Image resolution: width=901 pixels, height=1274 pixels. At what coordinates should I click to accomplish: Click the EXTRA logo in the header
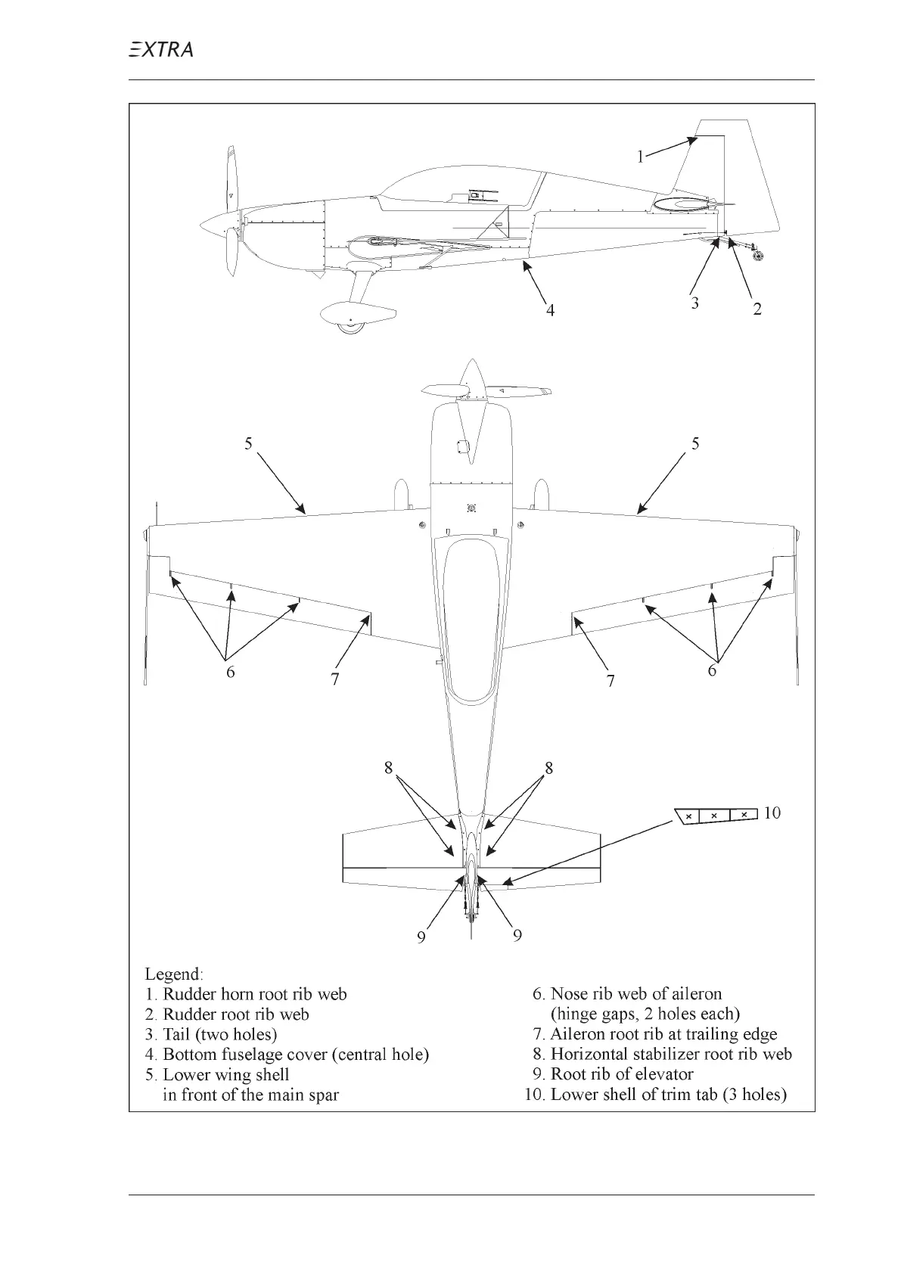[x=160, y=50]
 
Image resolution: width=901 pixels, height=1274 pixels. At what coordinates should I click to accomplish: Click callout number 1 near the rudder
[x=640, y=157]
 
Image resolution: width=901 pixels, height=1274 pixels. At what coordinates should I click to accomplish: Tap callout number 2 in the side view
[x=757, y=308]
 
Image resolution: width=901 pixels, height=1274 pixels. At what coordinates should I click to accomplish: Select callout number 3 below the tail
[x=694, y=303]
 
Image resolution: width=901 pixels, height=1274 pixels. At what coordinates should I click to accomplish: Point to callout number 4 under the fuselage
[x=551, y=309]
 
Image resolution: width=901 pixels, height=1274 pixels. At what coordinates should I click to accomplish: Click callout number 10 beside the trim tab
[x=772, y=813]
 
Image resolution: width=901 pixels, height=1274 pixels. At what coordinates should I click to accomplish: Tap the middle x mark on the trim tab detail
[x=714, y=816]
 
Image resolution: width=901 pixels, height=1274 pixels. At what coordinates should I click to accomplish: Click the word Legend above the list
[x=174, y=974]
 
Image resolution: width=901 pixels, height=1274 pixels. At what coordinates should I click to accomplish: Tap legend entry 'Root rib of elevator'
[x=622, y=1074]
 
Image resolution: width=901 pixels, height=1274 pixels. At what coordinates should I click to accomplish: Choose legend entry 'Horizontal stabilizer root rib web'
[x=671, y=1054]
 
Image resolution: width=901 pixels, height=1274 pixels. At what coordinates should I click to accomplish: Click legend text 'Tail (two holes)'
[x=220, y=1034]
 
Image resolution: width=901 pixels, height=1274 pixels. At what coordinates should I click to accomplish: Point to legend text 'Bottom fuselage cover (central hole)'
[x=296, y=1055]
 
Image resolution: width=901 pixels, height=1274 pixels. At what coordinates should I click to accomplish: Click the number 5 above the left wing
[x=248, y=443]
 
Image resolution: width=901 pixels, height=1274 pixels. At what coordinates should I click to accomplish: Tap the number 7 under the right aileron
[x=611, y=681]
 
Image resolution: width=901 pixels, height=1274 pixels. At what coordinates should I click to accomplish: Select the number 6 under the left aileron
[x=231, y=671]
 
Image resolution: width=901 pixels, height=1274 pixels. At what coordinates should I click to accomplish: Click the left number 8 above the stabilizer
[x=388, y=768]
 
